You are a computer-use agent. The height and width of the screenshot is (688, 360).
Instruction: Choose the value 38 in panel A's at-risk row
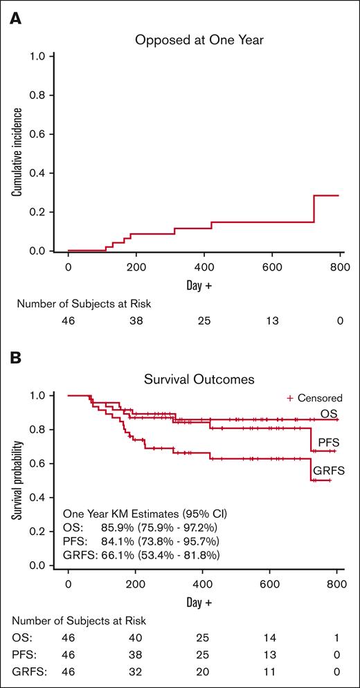tap(135, 320)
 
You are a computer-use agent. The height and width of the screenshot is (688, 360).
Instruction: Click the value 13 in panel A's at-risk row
tap(271, 320)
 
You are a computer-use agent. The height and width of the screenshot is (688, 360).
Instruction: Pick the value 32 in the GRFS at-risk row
tap(135, 670)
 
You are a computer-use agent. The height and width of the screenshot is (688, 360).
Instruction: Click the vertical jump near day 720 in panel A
tap(314, 209)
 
